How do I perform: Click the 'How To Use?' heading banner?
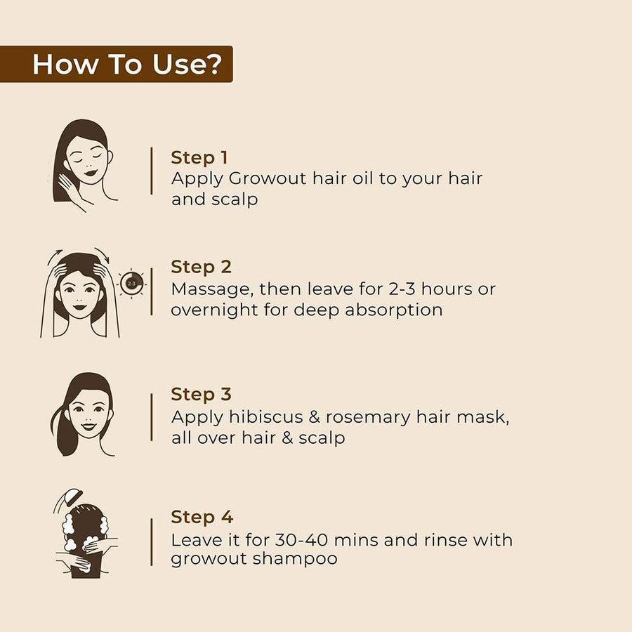(x=116, y=64)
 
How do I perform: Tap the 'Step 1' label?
(x=199, y=157)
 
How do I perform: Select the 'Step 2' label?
(x=201, y=268)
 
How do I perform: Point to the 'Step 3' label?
(x=201, y=395)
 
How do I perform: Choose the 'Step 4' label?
(x=202, y=517)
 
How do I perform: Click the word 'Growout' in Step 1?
(x=268, y=178)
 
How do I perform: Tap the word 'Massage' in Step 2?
(x=212, y=290)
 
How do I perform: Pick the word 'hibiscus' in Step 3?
(x=265, y=416)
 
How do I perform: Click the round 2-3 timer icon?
(x=132, y=284)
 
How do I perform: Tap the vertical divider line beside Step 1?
(x=152, y=171)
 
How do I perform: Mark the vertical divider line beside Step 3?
(x=152, y=417)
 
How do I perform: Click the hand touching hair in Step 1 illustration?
(x=70, y=186)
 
